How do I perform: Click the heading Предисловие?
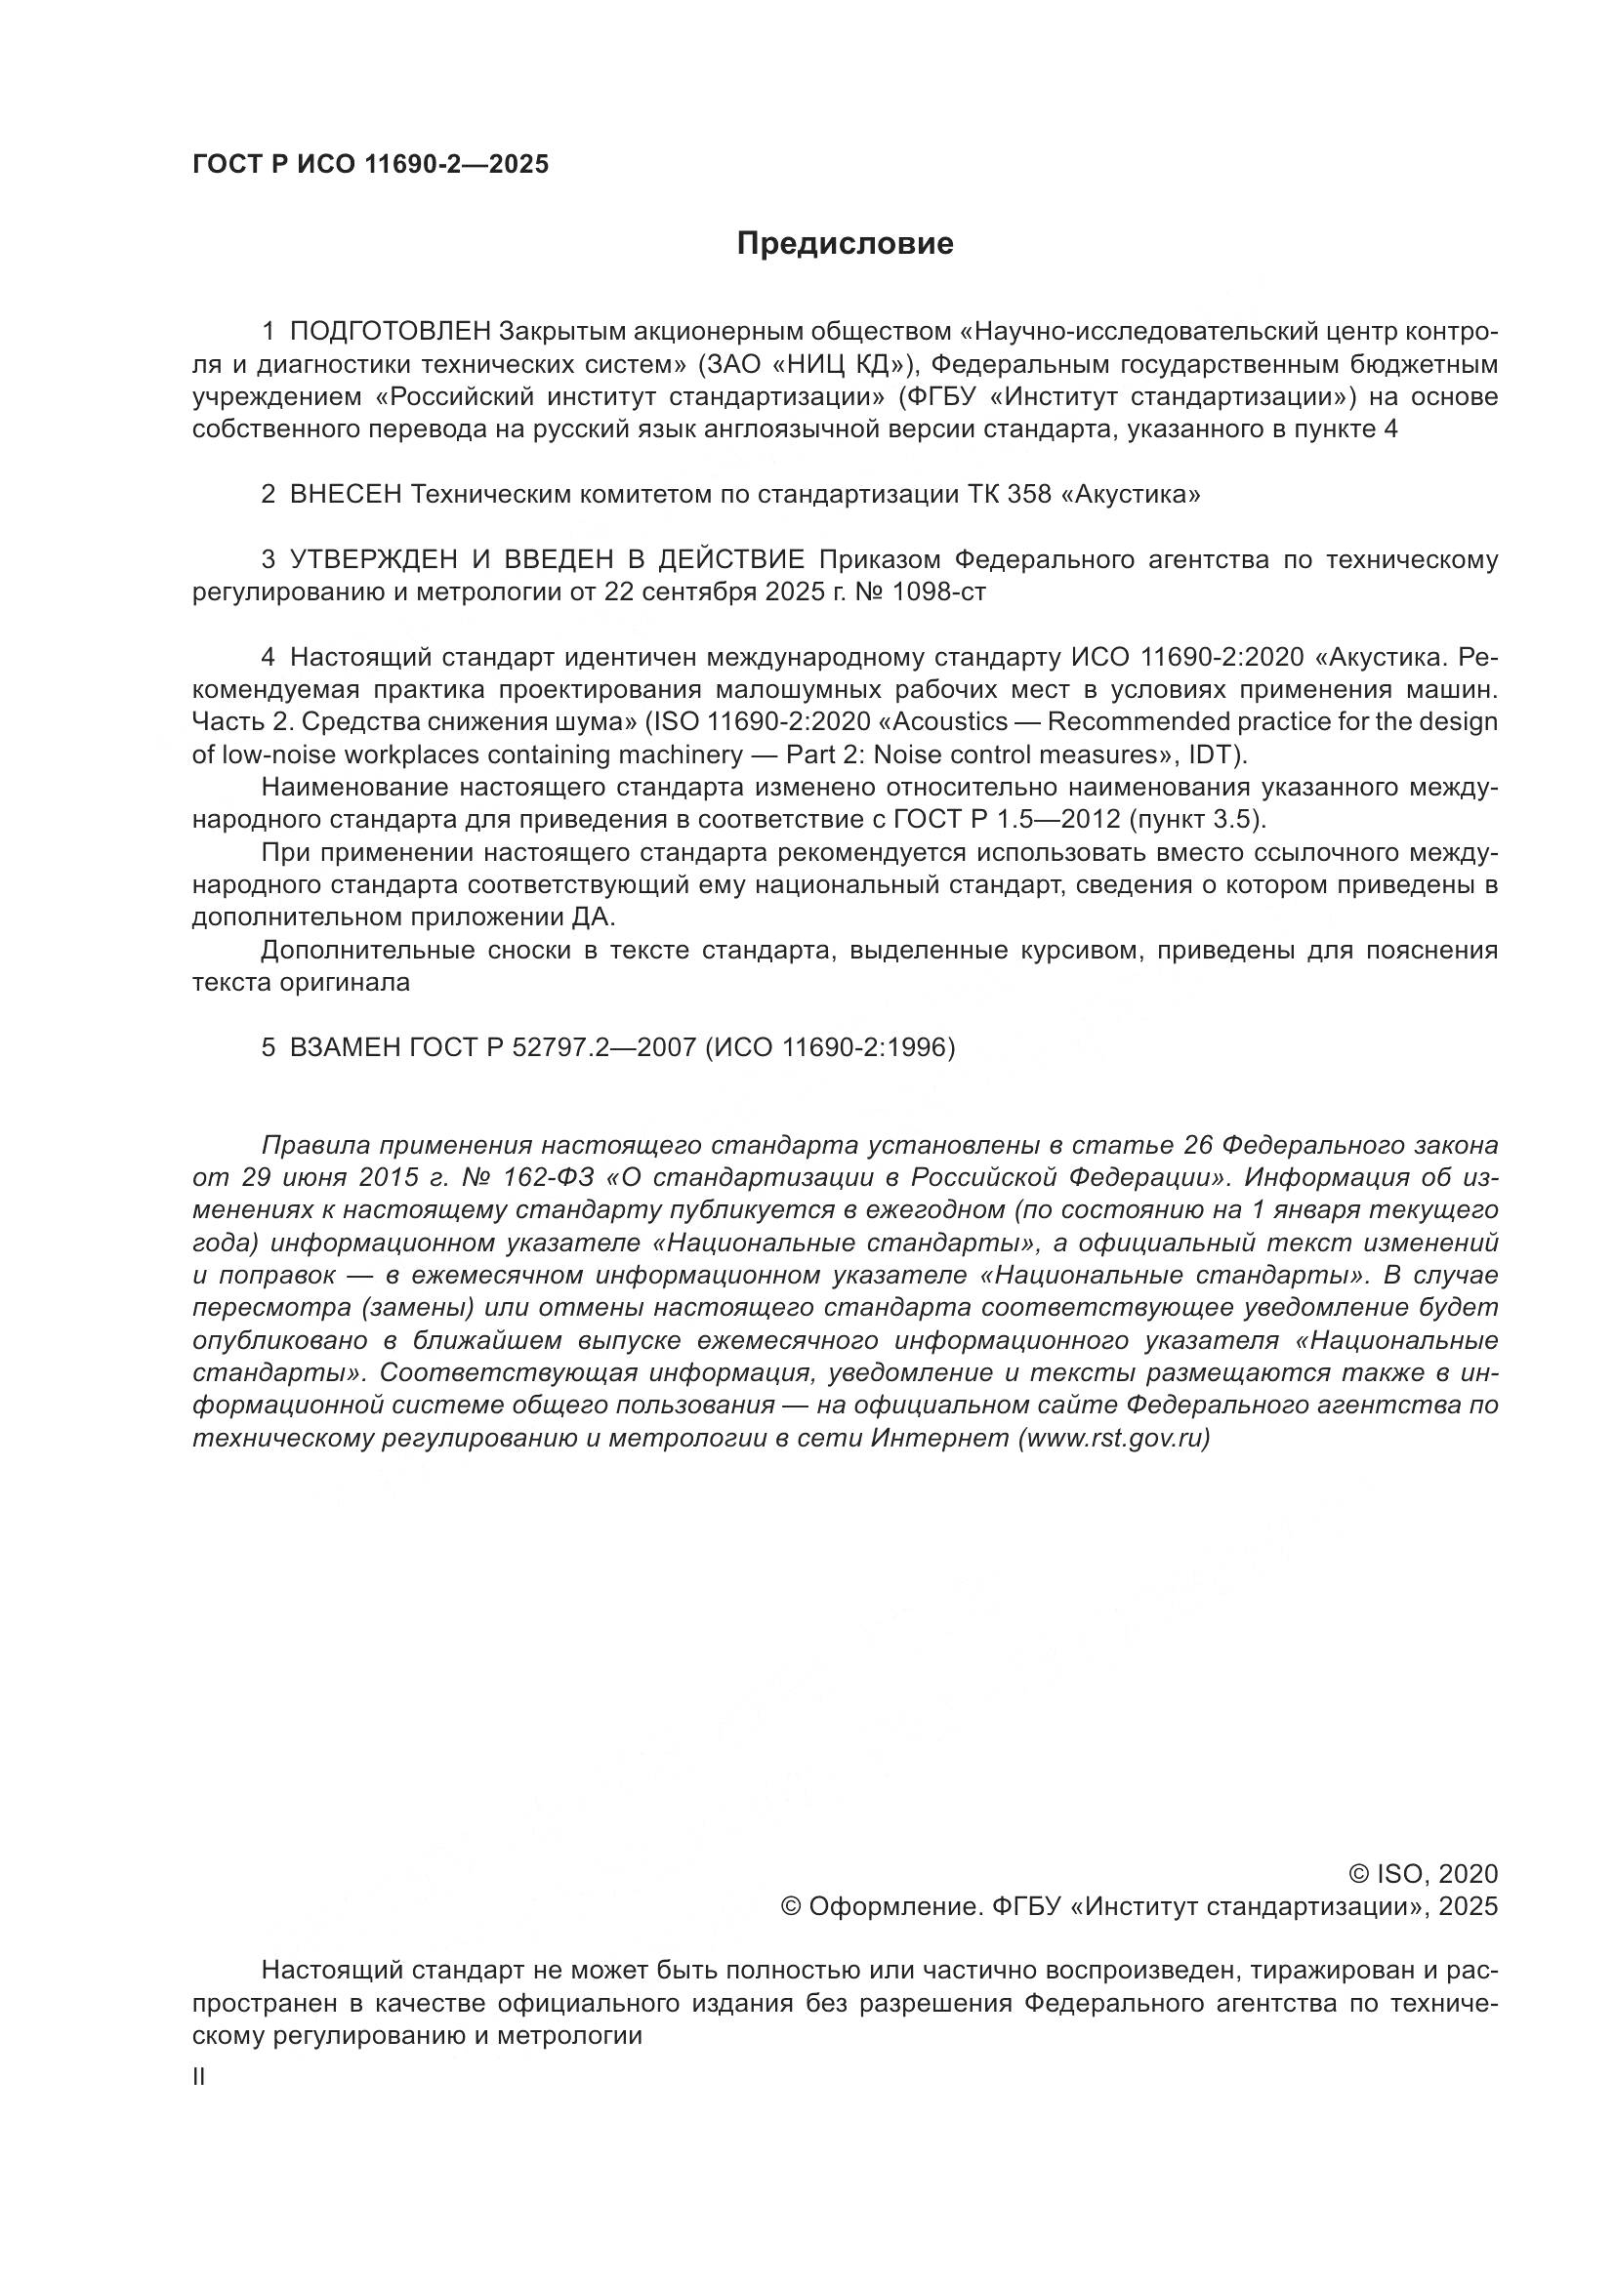845,244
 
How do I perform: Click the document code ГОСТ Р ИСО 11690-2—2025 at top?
370,165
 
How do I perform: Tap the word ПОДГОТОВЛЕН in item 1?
391,331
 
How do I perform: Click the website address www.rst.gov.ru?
1113,1439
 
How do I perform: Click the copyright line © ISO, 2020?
1423,1874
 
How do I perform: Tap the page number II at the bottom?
199,2077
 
